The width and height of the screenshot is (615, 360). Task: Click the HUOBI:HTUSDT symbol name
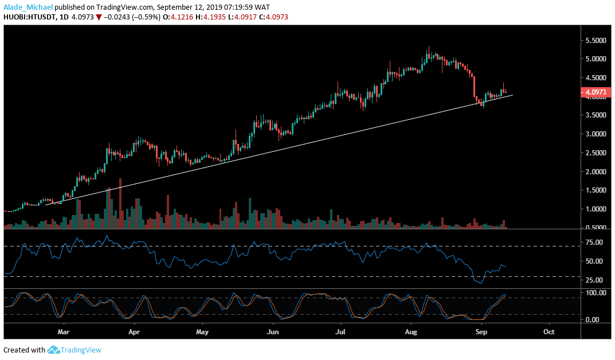click(x=30, y=17)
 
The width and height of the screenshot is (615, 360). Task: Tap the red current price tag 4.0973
click(x=595, y=92)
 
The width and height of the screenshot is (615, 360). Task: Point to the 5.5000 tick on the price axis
click(x=597, y=41)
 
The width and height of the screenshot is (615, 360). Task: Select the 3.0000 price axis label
click(x=597, y=134)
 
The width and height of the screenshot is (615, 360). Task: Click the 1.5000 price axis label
click(x=597, y=190)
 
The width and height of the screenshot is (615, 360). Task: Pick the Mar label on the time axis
click(x=64, y=331)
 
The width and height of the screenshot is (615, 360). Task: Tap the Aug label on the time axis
click(x=411, y=331)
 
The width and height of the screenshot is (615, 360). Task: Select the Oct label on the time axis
click(x=549, y=331)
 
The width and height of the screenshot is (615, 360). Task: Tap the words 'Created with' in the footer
click(x=24, y=350)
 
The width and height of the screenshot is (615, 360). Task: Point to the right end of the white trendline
click(x=512, y=95)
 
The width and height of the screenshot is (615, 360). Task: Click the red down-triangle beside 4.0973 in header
click(x=99, y=17)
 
